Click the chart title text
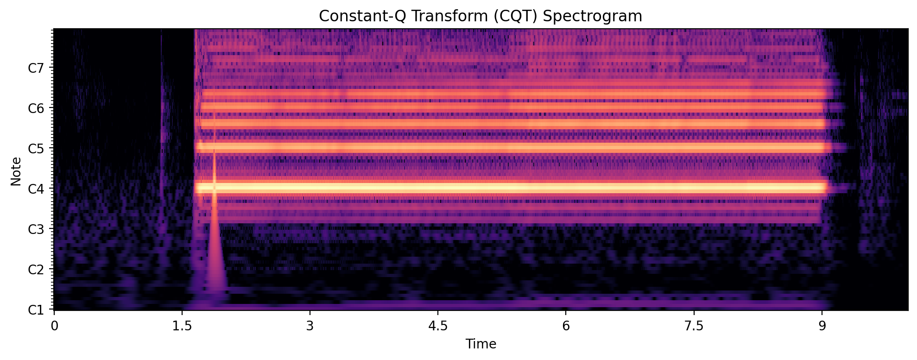(481, 16)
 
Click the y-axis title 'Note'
(16, 171)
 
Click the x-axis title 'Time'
(481, 344)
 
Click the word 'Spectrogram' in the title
(592, 16)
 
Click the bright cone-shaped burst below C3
(215, 259)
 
